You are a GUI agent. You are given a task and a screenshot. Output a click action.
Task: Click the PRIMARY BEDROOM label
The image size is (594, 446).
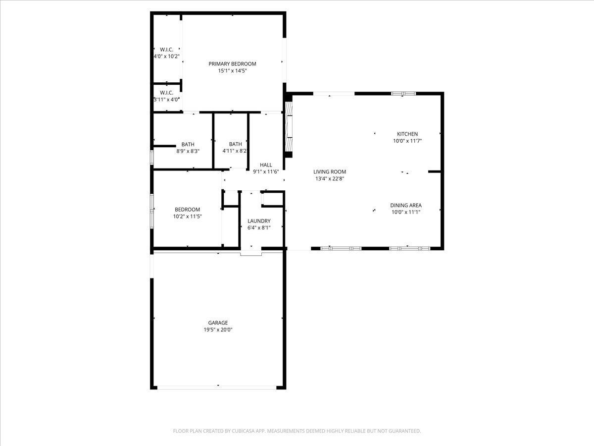click(232, 63)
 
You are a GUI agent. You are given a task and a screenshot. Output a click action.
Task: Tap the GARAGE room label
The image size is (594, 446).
click(218, 323)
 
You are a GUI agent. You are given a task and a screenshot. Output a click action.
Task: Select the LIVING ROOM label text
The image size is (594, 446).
click(330, 172)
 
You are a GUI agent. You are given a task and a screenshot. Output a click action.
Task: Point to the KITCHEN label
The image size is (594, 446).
click(407, 134)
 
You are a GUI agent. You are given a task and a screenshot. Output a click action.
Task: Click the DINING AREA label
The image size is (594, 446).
click(405, 205)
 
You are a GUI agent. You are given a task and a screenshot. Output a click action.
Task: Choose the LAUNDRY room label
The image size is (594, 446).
click(259, 221)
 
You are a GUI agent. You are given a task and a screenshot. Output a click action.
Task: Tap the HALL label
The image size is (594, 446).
click(266, 165)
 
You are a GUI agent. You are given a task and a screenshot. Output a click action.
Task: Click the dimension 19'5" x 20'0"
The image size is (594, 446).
click(218, 330)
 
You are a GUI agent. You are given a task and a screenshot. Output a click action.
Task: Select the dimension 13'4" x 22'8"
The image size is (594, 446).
click(330, 179)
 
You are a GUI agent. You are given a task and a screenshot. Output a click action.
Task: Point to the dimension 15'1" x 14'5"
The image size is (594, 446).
click(232, 71)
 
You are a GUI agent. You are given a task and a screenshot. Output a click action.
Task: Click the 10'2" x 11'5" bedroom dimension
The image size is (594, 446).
click(187, 217)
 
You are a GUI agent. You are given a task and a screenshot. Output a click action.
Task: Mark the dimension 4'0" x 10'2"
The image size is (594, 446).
click(166, 56)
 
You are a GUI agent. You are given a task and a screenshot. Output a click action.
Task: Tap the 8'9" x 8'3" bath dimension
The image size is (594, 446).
click(188, 151)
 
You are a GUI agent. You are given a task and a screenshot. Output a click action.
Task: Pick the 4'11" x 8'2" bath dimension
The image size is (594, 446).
click(235, 151)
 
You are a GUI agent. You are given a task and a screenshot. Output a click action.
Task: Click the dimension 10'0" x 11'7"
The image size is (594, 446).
click(407, 141)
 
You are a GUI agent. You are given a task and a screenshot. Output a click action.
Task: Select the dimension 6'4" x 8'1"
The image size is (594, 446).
click(259, 228)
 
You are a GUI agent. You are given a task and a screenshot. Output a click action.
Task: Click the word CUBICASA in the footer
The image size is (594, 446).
click(246, 431)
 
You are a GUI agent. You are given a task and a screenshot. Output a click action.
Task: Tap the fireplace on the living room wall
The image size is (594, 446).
click(289, 126)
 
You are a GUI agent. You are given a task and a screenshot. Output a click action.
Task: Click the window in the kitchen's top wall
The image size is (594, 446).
click(403, 93)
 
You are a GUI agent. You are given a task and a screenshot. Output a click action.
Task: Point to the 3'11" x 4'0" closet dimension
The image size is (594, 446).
click(166, 100)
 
